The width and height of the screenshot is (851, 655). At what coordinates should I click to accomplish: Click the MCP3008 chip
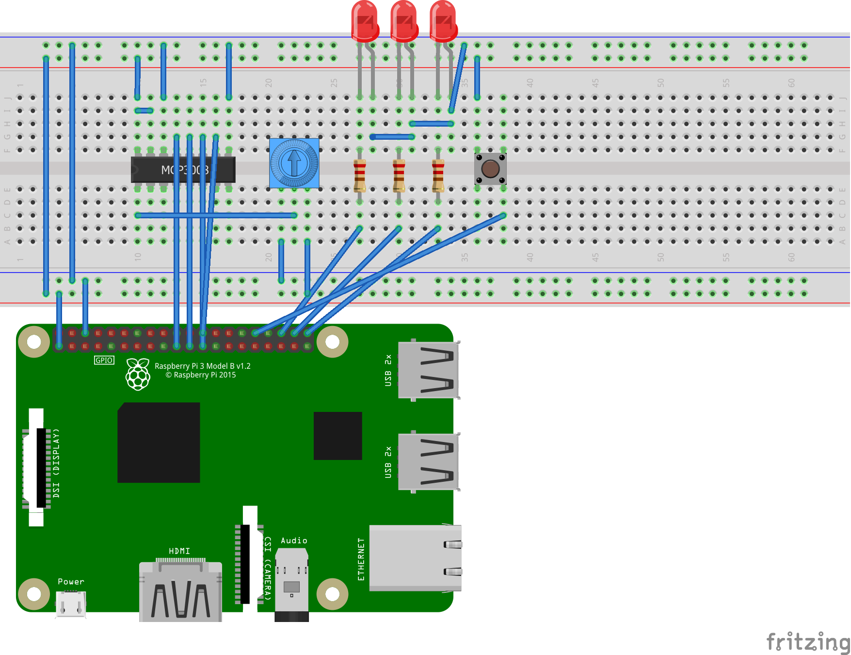point(183,170)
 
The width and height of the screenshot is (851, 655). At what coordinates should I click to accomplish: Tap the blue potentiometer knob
point(294,163)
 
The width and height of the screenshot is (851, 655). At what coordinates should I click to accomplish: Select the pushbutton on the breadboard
point(490,169)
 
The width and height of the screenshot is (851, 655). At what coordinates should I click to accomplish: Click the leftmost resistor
point(360,175)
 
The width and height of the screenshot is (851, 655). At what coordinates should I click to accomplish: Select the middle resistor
point(399,175)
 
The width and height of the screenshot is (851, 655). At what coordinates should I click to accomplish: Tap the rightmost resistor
point(438,175)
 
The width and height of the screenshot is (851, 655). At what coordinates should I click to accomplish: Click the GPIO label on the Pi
point(104,360)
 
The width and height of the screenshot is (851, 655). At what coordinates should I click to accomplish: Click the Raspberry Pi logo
point(138,374)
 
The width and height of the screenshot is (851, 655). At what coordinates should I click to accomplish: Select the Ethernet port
point(415,558)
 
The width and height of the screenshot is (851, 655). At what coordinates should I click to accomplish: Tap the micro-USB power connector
point(71,604)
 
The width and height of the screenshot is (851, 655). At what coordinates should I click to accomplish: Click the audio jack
point(291,582)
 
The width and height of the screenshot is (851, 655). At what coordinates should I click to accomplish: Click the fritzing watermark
point(807,642)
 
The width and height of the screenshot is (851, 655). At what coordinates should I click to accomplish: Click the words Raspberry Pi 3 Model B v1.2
point(202,366)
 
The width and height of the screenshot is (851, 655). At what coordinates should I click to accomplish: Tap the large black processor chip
point(159,442)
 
